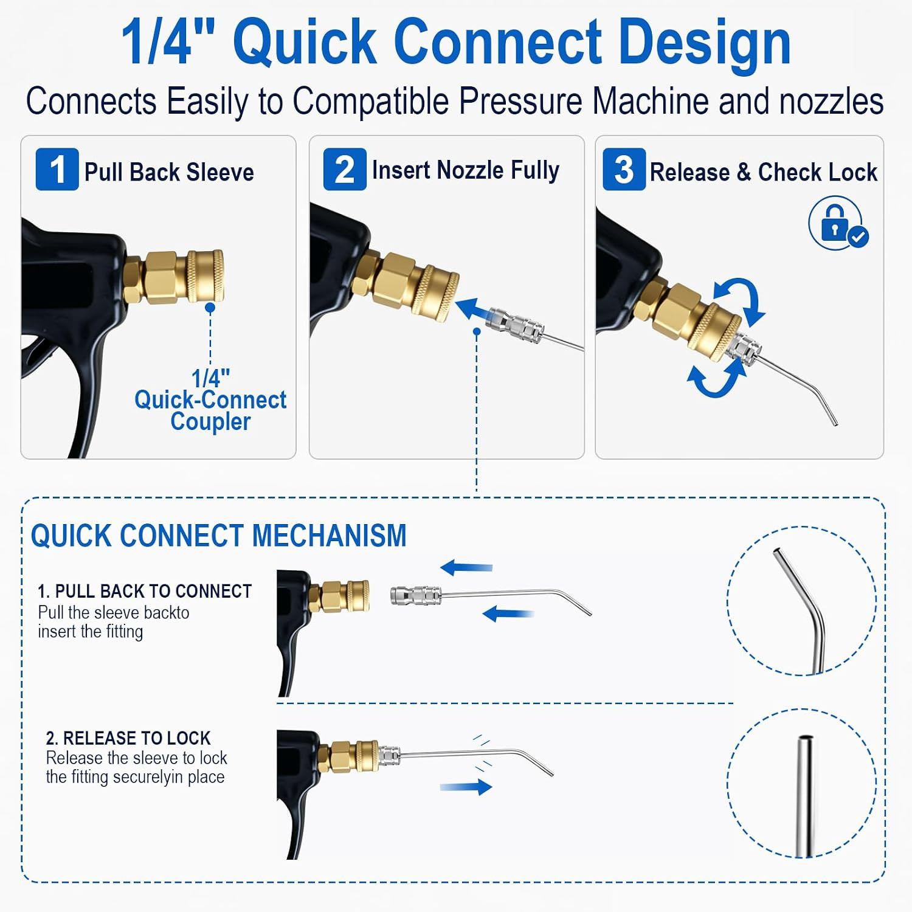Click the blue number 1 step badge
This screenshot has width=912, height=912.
(x=57, y=169)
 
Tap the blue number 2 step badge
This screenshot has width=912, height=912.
(x=345, y=169)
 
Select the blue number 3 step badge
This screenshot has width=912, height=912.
(x=624, y=169)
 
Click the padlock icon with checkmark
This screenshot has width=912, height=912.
(x=838, y=223)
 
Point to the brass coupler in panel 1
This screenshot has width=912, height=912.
(x=174, y=277)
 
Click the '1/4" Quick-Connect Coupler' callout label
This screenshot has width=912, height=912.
(x=210, y=400)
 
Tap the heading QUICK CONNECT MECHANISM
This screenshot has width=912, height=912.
(x=219, y=536)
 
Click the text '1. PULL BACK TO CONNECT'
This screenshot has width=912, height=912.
(x=145, y=591)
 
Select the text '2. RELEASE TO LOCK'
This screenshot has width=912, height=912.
(x=128, y=738)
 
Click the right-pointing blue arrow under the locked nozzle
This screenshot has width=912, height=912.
(x=466, y=787)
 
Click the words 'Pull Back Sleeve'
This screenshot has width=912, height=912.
(x=169, y=172)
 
